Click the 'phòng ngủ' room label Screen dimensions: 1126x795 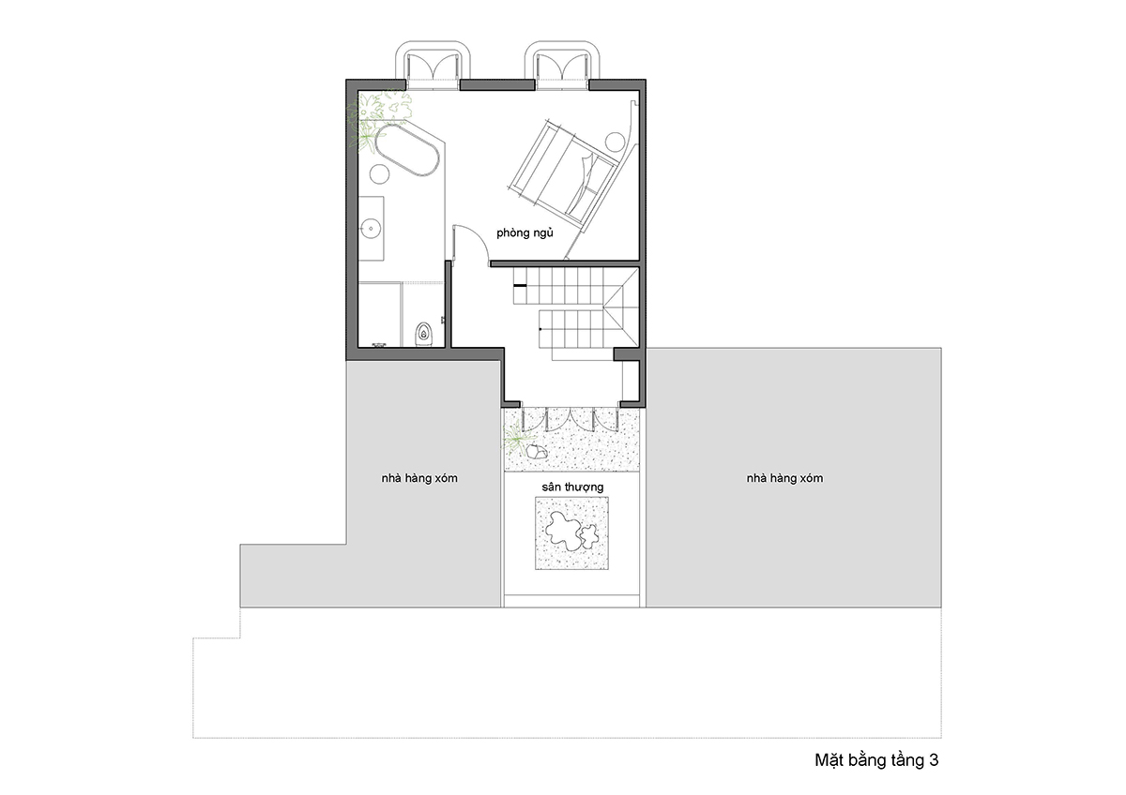point(525,233)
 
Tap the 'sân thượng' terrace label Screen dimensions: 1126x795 point(572,487)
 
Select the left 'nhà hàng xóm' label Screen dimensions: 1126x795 point(419,478)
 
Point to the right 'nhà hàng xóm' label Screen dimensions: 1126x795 point(784,478)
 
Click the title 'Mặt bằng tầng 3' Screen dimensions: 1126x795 point(876,760)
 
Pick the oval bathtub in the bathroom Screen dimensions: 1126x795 point(406,150)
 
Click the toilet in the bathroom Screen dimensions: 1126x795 point(424,334)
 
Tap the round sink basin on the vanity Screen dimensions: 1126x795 point(372,229)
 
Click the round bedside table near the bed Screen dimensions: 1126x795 point(615,142)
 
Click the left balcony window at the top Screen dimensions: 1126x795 point(433,66)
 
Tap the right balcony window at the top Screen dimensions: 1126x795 point(562,66)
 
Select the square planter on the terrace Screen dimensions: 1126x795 point(571,532)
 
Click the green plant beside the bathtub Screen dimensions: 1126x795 point(378,118)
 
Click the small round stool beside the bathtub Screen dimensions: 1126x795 point(379,173)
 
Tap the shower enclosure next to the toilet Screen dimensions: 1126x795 point(379,315)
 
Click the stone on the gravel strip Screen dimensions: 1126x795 point(537,452)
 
